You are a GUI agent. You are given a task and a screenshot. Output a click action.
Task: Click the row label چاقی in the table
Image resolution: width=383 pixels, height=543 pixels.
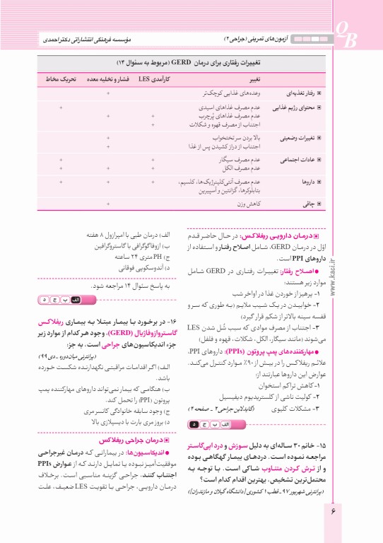click(310, 204)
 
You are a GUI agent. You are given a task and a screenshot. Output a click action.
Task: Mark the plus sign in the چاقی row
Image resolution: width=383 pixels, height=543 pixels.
click(107, 204)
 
